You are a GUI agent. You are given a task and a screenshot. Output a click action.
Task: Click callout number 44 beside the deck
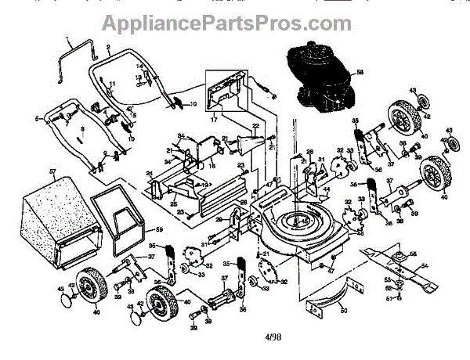[x=327, y=189]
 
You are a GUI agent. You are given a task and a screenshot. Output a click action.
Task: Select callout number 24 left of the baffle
[x=149, y=173]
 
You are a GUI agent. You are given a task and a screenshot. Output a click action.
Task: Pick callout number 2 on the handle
[x=107, y=47]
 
